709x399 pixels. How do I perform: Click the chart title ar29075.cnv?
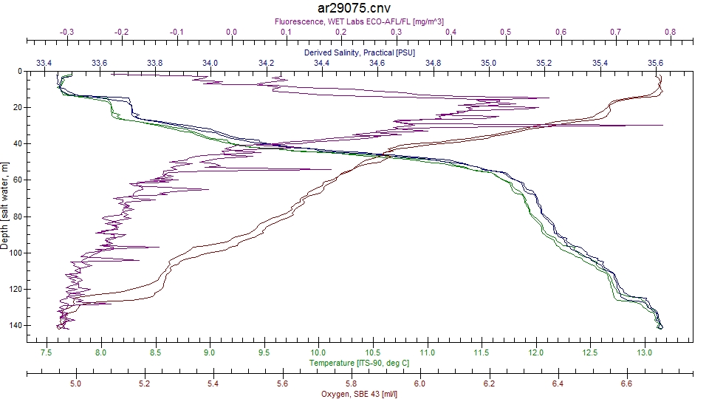click(354, 8)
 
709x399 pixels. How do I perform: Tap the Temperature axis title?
click(358, 363)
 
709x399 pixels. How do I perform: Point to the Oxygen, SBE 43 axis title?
click(359, 394)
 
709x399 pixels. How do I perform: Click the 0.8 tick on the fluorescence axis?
click(670, 33)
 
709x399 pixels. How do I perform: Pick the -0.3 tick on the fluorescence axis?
click(66, 33)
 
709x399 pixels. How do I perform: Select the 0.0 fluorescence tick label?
click(231, 33)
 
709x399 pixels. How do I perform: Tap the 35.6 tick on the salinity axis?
click(655, 63)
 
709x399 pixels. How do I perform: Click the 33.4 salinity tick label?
click(44, 63)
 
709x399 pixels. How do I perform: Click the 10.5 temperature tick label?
click(373, 352)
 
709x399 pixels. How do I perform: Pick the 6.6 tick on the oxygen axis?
click(627, 383)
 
